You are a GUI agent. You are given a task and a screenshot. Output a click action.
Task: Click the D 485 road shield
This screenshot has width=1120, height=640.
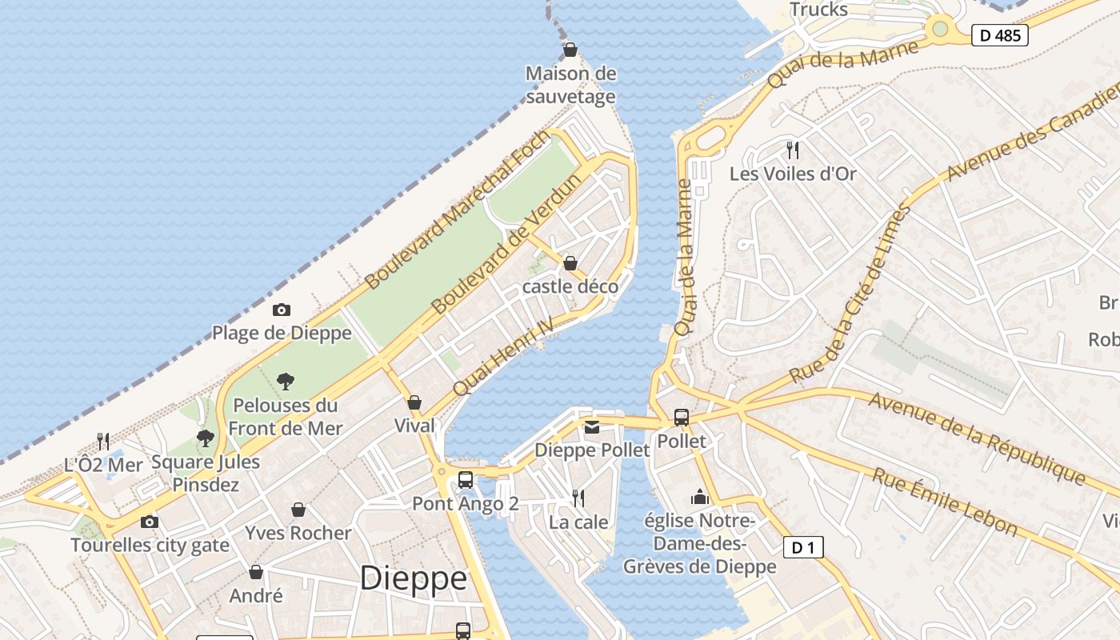(x=999, y=35)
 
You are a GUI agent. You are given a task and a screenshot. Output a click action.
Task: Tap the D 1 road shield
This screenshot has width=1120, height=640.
(x=803, y=547)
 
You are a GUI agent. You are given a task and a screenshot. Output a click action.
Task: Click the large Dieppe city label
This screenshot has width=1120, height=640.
(x=413, y=578)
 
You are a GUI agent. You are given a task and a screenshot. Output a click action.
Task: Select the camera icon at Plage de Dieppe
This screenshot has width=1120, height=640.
(x=281, y=310)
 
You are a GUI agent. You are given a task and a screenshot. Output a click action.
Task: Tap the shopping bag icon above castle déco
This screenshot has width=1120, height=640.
(x=570, y=262)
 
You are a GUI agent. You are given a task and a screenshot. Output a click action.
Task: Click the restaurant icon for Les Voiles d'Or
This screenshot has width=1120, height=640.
(x=793, y=149)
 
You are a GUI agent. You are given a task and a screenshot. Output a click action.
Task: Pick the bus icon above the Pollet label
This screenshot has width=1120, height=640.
(x=681, y=417)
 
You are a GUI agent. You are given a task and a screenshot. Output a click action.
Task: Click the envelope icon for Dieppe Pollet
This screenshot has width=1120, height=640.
(x=592, y=427)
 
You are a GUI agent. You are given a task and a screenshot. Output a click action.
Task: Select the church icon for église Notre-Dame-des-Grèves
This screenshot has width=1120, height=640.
(x=700, y=498)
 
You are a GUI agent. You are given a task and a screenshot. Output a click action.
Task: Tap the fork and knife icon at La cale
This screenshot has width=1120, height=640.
(x=578, y=498)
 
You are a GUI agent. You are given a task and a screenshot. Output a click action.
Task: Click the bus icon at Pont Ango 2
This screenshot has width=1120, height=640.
(x=465, y=480)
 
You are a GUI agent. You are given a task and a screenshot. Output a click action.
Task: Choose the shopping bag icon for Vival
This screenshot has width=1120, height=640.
(x=414, y=402)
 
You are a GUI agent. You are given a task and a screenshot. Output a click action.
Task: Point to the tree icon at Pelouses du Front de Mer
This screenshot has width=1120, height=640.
(x=285, y=382)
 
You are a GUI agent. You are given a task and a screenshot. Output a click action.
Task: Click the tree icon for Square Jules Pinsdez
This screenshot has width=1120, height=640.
(x=206, y=438)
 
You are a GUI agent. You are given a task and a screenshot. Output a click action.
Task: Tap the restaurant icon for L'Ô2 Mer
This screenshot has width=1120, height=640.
(x=103, y=441)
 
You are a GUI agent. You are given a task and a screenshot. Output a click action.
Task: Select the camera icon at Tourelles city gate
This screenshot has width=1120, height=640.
(x=150, y=522)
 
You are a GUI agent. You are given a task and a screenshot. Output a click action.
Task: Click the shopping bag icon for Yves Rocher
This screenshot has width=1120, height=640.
(x=298, y=510)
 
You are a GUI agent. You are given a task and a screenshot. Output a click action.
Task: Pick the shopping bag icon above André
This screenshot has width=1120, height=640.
(x=256, y=572)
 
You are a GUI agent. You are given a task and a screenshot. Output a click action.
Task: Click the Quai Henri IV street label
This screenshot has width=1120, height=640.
(x=503, y=356)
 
